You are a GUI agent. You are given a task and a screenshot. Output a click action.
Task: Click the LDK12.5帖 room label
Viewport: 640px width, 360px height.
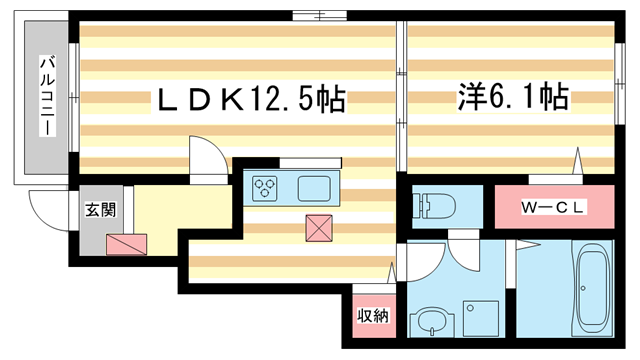(x=248, y=99)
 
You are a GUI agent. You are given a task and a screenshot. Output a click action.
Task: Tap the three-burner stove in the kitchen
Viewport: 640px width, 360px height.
(x=266, y=186)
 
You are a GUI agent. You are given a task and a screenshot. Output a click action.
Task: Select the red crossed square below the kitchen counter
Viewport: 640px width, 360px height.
(x=320, y=228)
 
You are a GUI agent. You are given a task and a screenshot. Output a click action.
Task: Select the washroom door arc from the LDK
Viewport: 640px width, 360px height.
(x=420, y=265)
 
